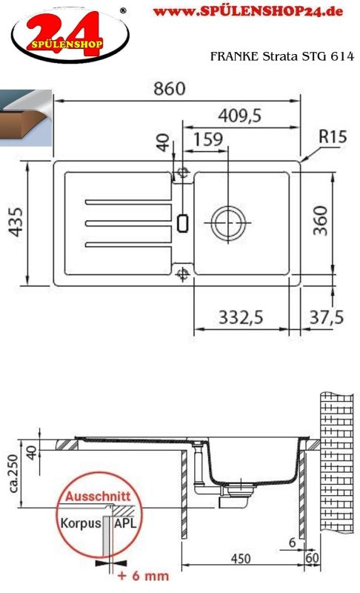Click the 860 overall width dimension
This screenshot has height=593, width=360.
(169, 88)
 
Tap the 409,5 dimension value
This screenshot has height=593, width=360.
(239, 116)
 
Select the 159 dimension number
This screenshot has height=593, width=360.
(207, 139)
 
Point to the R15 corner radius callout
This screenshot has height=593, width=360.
(333, 136)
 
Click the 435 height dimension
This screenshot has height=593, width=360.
(16, 222)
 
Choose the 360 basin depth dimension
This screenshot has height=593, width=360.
(321, 220)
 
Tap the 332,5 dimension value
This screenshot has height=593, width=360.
(241, 317)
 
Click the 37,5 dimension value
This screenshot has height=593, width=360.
(327, 317)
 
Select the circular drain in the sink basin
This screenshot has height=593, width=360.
(228, 223)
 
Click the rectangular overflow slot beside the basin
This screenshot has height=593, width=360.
(183, 223)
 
